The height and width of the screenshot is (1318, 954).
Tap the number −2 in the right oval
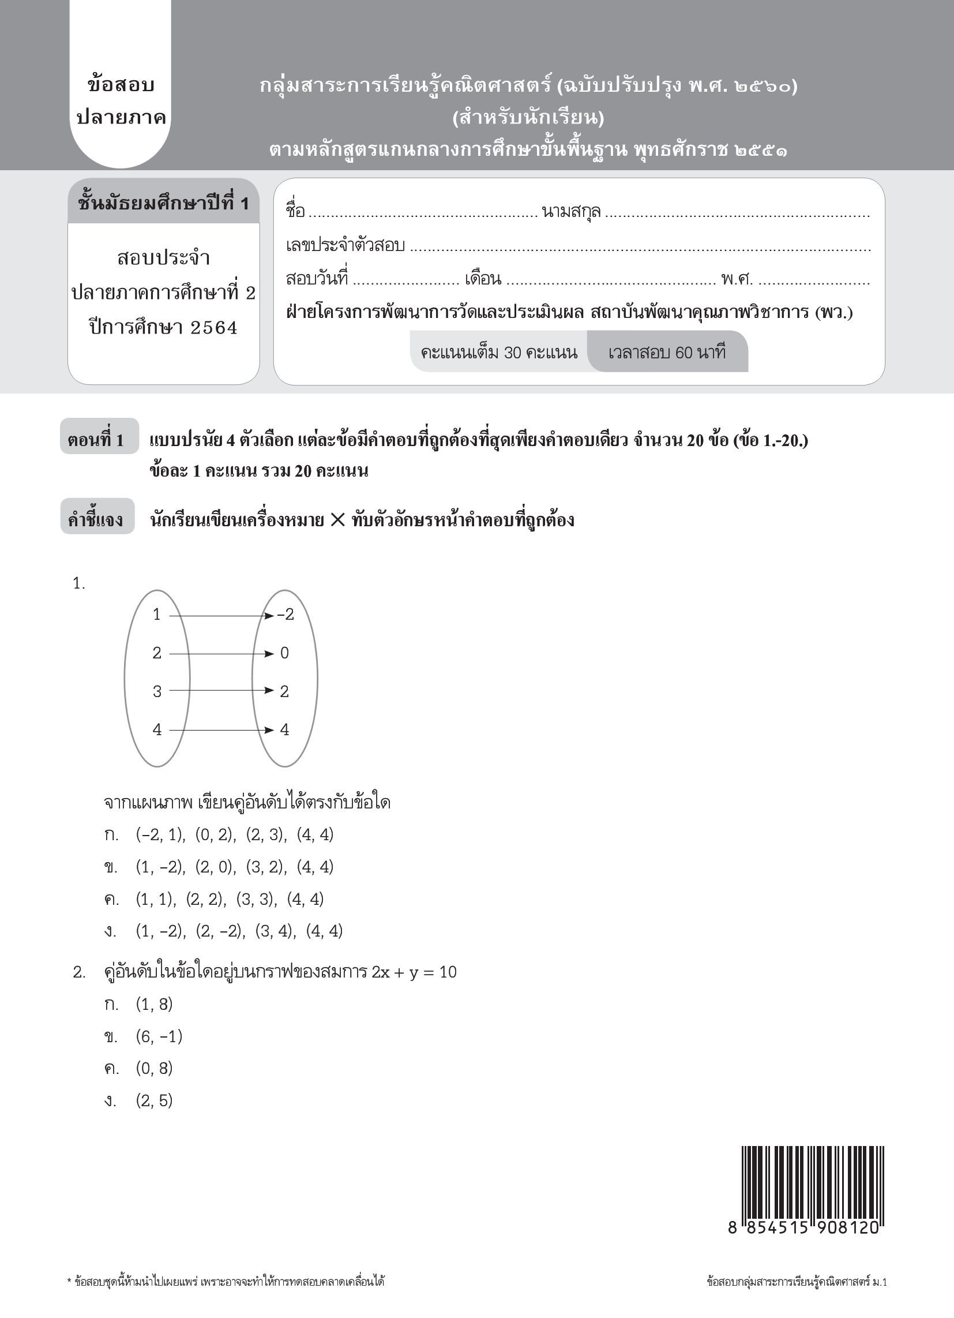point(286,615)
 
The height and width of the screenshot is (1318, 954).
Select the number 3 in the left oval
point(157,691)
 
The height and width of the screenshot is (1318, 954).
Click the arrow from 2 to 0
point(221,654)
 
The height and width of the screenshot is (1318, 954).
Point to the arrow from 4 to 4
point(221,730)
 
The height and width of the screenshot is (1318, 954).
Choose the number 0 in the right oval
point(284,653)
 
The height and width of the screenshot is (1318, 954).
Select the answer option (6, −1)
point(159,1036)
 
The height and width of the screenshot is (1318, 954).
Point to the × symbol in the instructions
point(337,519)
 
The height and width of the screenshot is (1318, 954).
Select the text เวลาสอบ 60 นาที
point(667,352)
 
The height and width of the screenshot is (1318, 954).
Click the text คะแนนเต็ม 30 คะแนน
point(499,352)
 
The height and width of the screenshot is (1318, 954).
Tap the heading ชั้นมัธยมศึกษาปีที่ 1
point(163,203)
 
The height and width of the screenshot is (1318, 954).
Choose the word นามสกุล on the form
point(571,212)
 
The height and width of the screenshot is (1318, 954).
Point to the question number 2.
point(79,972)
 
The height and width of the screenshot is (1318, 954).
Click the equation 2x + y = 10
point(414,972)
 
